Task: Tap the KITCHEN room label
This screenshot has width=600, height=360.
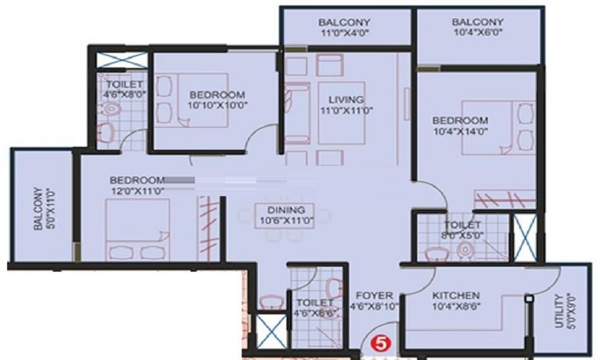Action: (456, 296)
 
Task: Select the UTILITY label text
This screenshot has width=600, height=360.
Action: (559, 311)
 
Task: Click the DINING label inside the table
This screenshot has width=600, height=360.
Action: (286, 210)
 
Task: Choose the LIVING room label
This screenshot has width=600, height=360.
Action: (346, 100)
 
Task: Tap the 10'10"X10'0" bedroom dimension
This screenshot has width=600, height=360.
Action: (217, 105)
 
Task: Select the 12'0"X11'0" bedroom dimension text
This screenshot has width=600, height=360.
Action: (138, 191)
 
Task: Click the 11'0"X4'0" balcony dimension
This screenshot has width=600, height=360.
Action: (344, 33)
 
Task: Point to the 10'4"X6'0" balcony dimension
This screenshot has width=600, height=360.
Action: (478, 32)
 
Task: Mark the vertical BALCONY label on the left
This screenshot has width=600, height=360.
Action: (38, 209)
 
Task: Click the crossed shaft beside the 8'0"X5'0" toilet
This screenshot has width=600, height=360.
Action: (525, 238)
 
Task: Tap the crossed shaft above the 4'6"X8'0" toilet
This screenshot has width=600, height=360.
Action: (122, 61)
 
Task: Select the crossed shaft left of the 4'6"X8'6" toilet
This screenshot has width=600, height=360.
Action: (271, 331)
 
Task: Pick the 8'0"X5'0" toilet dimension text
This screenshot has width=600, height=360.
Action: (462, 235)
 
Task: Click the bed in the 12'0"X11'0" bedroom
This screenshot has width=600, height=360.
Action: (138, 230)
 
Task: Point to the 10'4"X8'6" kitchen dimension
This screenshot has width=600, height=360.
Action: (457, 307)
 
